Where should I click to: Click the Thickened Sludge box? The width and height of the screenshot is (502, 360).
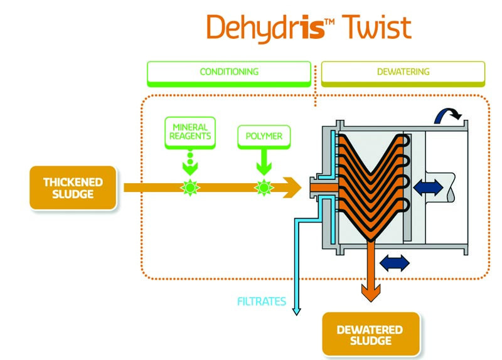coord(73,188)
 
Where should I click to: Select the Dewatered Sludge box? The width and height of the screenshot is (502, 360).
coord(370,335)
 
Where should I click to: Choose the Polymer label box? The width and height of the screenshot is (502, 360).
coord(263,135)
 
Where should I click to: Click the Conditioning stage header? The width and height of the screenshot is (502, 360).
coord(229,72)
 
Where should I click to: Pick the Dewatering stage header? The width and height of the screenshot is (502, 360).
coord(403,72)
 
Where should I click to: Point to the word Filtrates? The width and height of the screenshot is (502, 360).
coord(261,302)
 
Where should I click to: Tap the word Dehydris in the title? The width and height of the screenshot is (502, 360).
coord(264,28)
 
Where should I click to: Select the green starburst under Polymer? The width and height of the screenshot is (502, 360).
coord(264,187)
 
